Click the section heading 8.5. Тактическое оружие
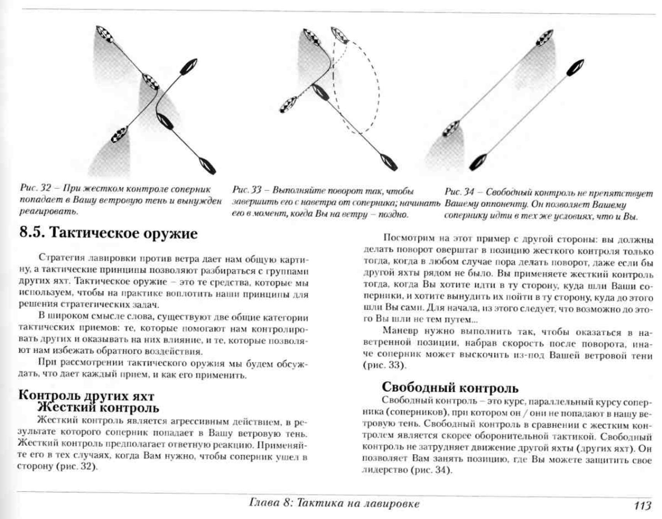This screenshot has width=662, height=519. point(108,233)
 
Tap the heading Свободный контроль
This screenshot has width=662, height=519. point(450,387)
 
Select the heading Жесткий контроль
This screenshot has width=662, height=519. point(98,407)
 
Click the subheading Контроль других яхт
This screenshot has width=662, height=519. point(86,396)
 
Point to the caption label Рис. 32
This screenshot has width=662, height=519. point(36,189)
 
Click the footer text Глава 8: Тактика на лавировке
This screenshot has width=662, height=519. point(334,504)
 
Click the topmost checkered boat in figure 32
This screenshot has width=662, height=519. point(105,35)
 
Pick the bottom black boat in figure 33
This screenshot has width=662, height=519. point(388,162)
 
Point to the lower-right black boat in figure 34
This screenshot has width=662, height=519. point(477,162)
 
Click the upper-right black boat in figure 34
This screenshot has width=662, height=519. point(575,68)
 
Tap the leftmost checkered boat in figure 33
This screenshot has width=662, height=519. point(288,105)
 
